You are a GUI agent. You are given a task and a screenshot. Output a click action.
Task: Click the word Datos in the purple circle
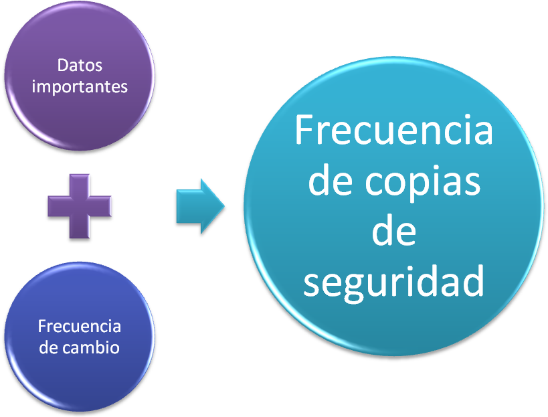[80, 66]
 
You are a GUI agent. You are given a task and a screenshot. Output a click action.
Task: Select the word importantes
[80, 87]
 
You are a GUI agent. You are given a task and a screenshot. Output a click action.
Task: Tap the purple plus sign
[80, 206]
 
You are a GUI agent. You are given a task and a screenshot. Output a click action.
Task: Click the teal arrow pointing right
[200, 206]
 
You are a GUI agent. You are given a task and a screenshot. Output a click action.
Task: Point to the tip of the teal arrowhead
[224, 206]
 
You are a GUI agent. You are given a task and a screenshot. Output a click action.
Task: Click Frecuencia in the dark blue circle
[80, 327]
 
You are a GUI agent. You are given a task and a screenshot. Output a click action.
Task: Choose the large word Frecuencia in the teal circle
[394, 130]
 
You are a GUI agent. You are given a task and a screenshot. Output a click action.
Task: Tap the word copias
[423, 183]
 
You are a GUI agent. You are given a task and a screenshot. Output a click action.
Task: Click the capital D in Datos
[62, 66]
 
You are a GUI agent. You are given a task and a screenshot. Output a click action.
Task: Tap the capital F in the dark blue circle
[42, 327]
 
